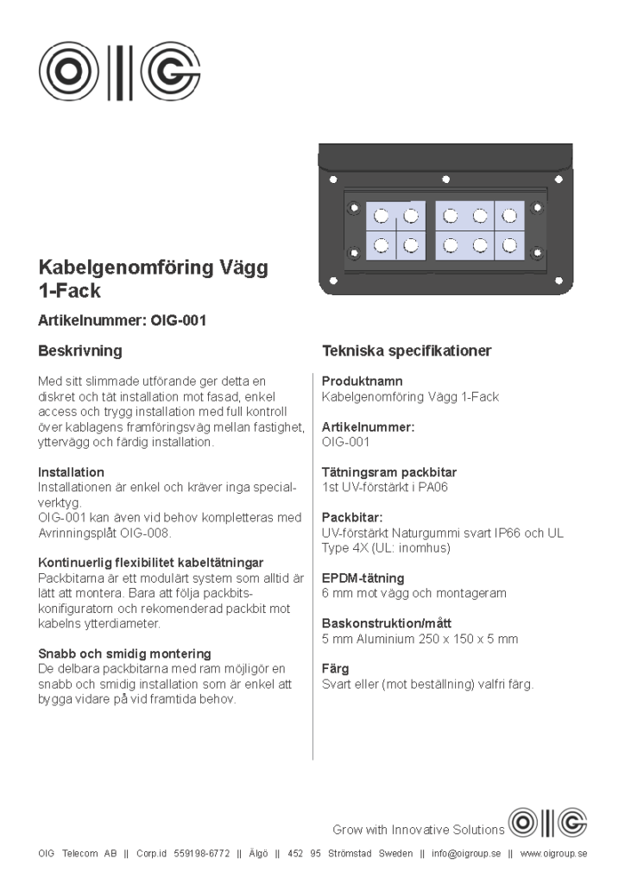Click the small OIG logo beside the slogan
coord(548,823)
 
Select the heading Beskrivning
coord(80,351)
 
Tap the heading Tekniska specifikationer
coord(407,351)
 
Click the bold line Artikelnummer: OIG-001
coord(122,320)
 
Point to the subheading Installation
coord(71,472)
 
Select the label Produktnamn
coord(362,381)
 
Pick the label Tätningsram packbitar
coord(388,472)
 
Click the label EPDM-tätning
coord(363,578)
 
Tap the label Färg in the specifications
coord(335,669)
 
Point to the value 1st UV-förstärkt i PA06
coord(384,488)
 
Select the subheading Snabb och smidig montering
coord(124,654)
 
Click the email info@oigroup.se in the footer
coord(466,854)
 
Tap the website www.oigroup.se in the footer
coord(553,854)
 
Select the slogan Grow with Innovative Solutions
coord(418,830)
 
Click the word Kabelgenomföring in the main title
coord(117,268)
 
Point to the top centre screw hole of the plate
coord(445,180)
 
